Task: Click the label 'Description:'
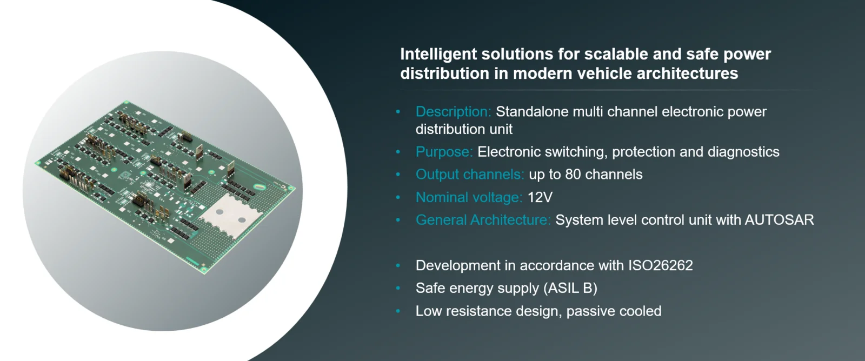pyautogui.click(x=454, y=111)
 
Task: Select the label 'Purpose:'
pyautogui.click(x=444, y=152)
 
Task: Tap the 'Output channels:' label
pyautogui.click(x=470, y=175)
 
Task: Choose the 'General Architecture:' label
pyautogui.click(x=483, y=220)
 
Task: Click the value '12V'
pyautogui.click(x=540, y=197)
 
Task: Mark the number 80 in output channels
pyautogui.click(x=573, y=175)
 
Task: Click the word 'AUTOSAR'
pyautogui.click(x=779, y=220)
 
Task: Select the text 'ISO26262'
pyautogui.click(x=660, y=266)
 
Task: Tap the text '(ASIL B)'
pyautogui.click(x=570, y=289)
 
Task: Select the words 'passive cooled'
pyautogui.click(x=614, y=311)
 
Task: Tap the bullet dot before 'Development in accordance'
pyautogui.click(x=398, y=266)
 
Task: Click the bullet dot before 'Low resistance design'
pyautogui.click(x=398, y=311)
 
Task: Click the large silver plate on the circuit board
pyautogui.click(x=230, y=215)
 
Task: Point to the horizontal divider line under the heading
pyautogui.click(x=615, y=90)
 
